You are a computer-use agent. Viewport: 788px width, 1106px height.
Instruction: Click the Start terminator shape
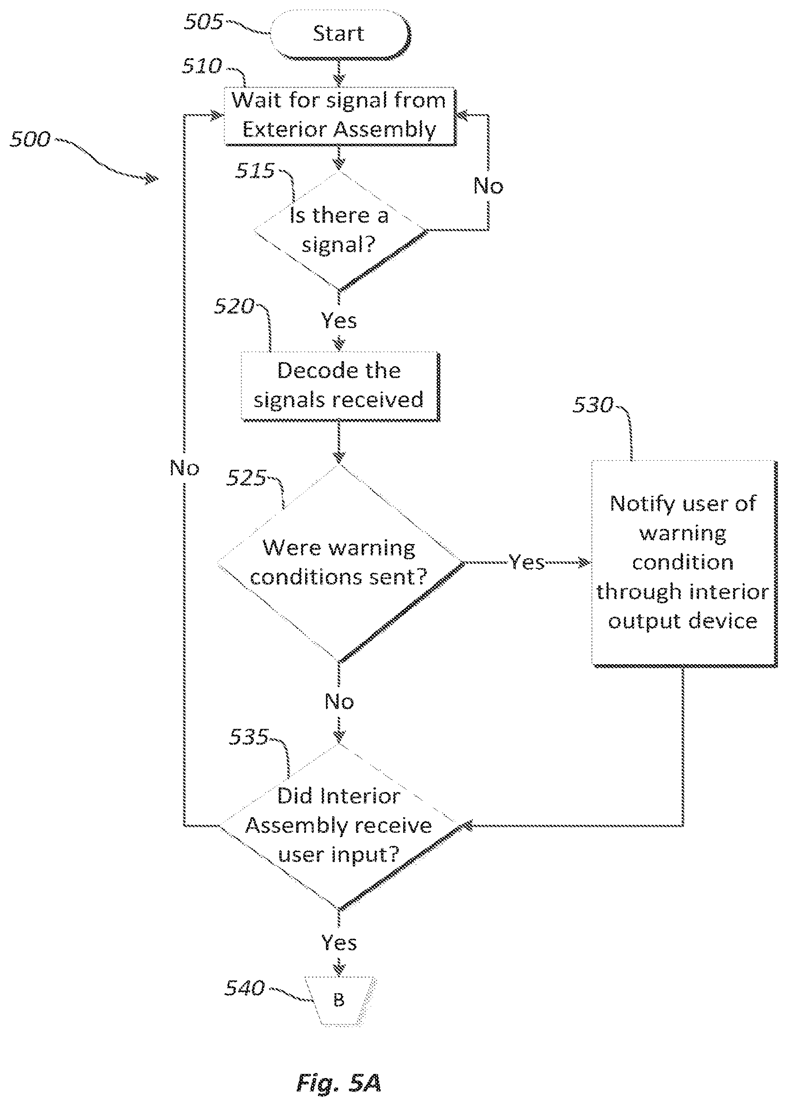tap(340, 34)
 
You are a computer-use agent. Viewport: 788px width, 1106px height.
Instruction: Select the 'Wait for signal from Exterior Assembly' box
tap(339, 116)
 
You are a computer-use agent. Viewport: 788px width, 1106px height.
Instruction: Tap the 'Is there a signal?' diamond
tap(339, 231)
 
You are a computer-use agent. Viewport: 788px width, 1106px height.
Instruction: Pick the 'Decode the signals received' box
tap(340, 386)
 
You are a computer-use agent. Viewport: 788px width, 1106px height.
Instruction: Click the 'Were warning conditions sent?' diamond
tap(340, 563)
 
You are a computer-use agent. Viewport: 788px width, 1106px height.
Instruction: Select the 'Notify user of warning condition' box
tap(684, 563)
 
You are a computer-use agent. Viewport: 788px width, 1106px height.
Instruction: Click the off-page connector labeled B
tap(339, 1001)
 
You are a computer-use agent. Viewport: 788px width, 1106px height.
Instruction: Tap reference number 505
tap(204, 22)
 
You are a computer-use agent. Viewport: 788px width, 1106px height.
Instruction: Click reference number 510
tap(202, 66)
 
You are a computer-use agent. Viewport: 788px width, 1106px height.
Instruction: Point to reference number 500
tap(30, 139)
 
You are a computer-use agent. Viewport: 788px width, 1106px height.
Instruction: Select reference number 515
tap(255, 171)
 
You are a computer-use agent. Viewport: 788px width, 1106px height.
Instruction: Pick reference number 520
tap(235, 306)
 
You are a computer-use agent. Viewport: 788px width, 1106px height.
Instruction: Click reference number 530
tap(593, 405)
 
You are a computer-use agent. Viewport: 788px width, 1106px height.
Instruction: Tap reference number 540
tap(245, 988)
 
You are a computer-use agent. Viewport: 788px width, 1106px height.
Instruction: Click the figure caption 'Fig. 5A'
tap(339, 1083)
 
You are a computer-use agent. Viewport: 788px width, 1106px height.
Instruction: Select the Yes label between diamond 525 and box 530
tap(527, 562)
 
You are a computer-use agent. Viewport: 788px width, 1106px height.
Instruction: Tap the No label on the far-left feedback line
tap(184, 468)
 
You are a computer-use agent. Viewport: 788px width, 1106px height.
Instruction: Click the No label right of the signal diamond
tap(488, 186)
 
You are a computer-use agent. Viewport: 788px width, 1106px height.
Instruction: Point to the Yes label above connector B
tap(339, 942)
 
